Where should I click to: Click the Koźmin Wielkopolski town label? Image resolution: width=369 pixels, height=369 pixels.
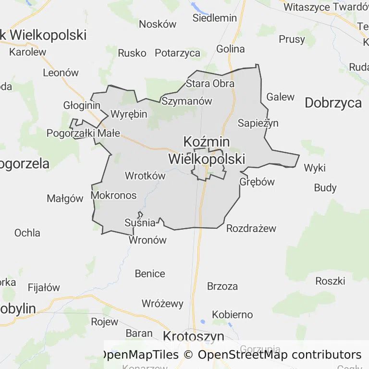pyautogui.click(x=207, y=150)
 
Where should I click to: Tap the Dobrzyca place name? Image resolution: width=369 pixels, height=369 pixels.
pyautogui.click(x=333, y=102)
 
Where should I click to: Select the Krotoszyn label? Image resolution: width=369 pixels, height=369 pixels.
pyautogui.click(x=194, y=336)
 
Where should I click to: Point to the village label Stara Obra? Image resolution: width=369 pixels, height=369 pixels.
pyautogui.click(x=210, y=84)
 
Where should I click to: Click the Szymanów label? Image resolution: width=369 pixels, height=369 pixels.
pyautogui.click(x=187, y=101)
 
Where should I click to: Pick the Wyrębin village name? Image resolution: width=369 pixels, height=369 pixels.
pyautogui.click(x=129, y=114)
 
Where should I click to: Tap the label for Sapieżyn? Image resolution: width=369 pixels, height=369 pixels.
pyautogui.click(x=258, y=123)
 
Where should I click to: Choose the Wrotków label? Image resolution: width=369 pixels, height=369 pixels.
pyautogui.click(x=145, y=176)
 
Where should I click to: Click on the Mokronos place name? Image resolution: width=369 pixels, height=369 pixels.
pyautogui.click(x=113, y=196)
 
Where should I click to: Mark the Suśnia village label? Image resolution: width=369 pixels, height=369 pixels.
pyautogui.click(x=140, y=222)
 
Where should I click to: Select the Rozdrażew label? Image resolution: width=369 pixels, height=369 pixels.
pyautogui.click(x=251, y=228)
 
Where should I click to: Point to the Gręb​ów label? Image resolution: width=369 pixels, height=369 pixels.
pyautogui.click(x=257, y=182)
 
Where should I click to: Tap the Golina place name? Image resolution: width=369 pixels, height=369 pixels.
pyautogui.click(x=230, y=49)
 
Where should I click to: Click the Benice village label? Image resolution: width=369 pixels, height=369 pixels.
pyautogui.click(x=150, y=274)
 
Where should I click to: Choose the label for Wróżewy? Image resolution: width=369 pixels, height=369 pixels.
pyautogui.click(x=162, y=304)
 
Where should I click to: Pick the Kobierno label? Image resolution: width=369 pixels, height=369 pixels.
pyautogui.click(x=232, y=315)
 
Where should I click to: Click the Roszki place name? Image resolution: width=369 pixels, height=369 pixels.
pyautogui.click(x=330, y=281)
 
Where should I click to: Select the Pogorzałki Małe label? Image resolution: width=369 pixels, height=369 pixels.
pyautogui.click(x=83, y=133)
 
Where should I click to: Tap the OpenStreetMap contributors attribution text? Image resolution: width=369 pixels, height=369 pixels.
pyautogui.click(x=280, y=355)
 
